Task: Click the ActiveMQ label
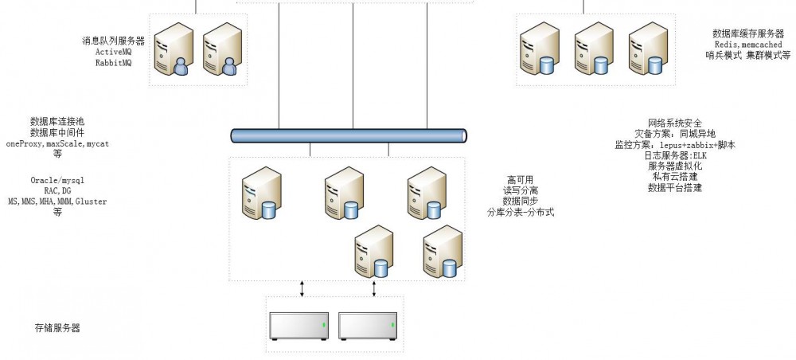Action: (114, 52)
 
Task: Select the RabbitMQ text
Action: (114, 62)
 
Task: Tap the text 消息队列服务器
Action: (113, 41)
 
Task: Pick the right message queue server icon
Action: (220, 49)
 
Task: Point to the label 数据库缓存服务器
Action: (748, 34)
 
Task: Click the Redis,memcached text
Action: (748, 45)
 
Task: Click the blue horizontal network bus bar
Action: (348, 136)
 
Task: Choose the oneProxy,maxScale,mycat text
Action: (57, 144)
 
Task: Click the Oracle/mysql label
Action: (57, 180)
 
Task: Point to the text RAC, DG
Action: (57, 191)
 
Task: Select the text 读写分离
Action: (521, 191)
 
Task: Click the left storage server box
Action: (299, 326)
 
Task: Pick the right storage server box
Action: (368, 326)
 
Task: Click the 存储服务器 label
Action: (57, 328)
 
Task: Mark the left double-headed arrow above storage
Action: (302, 288)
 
